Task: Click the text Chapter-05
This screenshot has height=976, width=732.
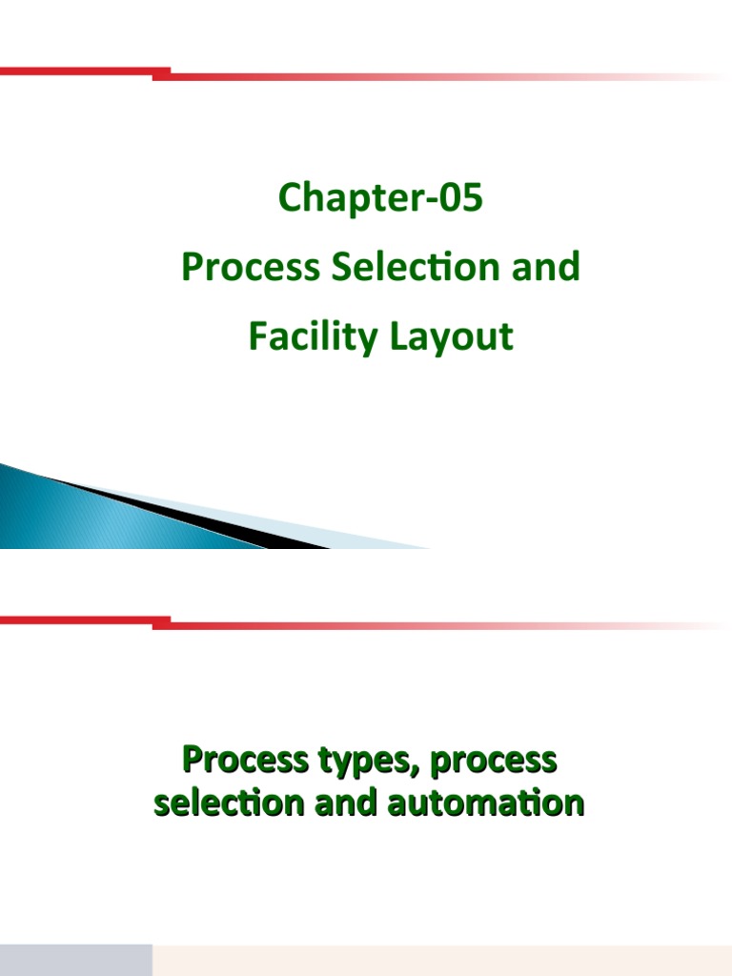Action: click(x=380, y=199)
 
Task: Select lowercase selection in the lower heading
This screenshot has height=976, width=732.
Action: click(x=225, y=803)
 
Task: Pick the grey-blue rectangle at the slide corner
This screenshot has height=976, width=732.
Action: click(x=75, y=960)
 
